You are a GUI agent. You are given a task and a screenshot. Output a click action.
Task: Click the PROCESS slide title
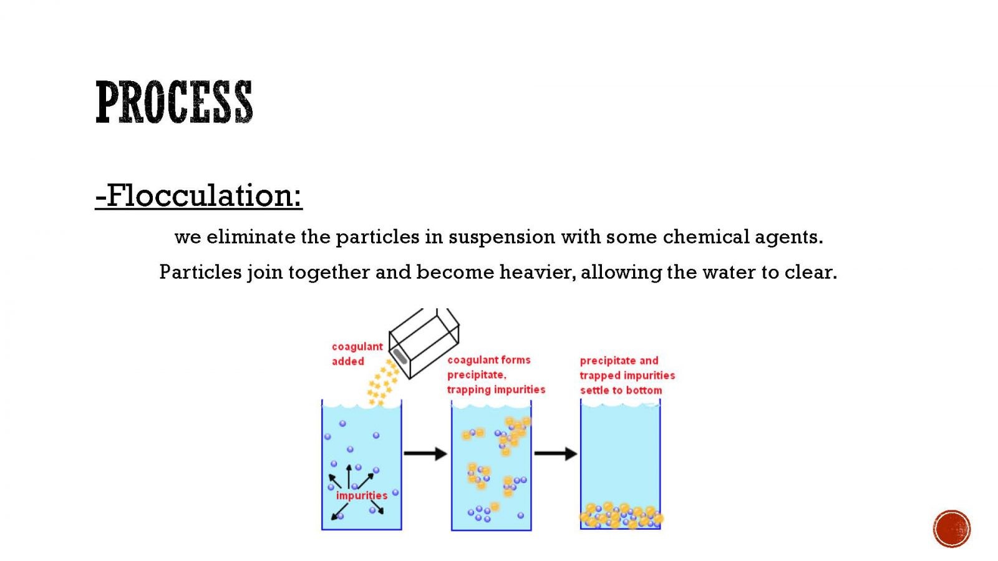(174, 102)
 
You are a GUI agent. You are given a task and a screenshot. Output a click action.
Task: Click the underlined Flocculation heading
(199, 196)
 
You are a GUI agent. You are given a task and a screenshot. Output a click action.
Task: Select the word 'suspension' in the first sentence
(501, 238)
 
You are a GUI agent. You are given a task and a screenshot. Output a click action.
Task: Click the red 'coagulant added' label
(357, 354)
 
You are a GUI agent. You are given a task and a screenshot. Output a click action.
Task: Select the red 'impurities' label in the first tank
(362, 495)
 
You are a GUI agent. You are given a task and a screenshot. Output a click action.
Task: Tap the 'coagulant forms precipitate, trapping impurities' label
(496, 375)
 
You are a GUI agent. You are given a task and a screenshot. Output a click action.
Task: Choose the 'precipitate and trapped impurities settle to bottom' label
(627, 375)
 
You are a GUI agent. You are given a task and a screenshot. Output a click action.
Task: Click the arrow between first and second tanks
(425, 454)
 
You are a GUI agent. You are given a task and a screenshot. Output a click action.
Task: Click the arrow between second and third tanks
(556, 454)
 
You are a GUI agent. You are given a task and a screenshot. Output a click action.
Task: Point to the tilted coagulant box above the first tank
(424, 344)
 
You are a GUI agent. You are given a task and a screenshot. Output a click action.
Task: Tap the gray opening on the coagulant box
(400, 356)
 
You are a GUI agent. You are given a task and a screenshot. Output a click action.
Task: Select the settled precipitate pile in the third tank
(621, 515)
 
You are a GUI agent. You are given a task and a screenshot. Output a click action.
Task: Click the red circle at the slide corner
(952, 529)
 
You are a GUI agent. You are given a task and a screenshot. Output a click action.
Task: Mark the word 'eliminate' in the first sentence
(251, 237)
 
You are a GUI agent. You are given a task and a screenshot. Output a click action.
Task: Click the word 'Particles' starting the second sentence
(200, 272)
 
